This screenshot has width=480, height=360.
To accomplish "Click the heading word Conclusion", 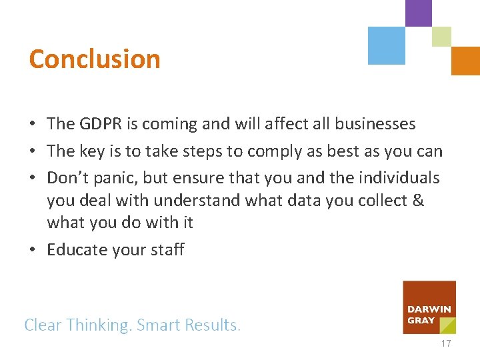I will (x=95, y=59).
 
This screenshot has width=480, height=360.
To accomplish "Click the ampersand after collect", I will (x=419, y=201).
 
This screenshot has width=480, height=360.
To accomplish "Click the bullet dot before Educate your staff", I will (x=33, y=251).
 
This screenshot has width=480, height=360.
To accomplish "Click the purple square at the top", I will (x=419, y=13).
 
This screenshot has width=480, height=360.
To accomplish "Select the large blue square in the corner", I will (x=387, y=45).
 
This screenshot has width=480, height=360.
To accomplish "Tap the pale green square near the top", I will (x=441, y=37).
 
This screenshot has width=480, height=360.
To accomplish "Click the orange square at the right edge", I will (x=465, y=61).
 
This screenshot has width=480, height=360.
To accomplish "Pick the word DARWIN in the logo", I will (x=430, y=309).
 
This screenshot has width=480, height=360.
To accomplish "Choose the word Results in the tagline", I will (x=211, y=325).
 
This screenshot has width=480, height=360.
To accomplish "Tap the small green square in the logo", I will (x=448, y=325).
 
